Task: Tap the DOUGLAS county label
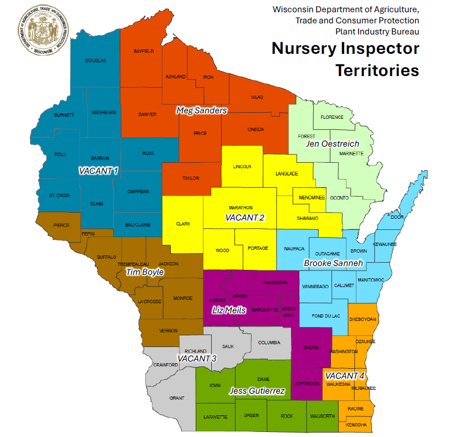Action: [95, 61]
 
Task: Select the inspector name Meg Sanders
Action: [201, 110]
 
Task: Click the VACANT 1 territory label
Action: [98, 170]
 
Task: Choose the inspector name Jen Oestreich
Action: [333, 144]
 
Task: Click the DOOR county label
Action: [397, 218]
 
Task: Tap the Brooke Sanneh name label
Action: [333, 263]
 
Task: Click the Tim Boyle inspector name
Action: [145, 272]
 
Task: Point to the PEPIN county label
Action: [89, 234]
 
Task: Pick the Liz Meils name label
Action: [229, 310]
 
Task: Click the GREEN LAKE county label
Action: [289, 311]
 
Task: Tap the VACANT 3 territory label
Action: [197, 358]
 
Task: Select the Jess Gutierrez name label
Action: [258, 391]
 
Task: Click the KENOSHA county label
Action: [356, 425]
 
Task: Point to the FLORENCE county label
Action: [332, 117]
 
